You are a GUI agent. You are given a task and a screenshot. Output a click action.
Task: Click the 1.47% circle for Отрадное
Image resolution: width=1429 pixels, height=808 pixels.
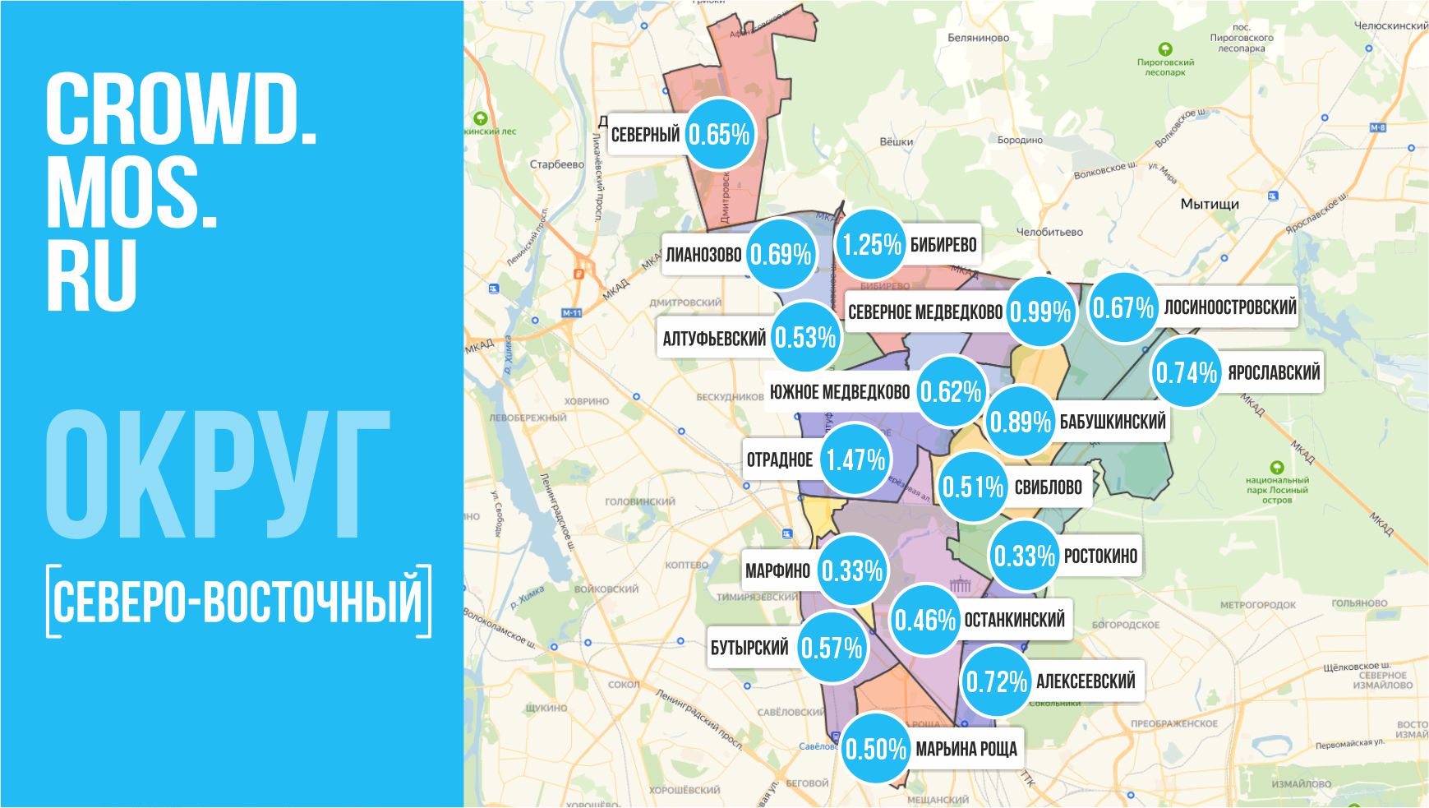855,459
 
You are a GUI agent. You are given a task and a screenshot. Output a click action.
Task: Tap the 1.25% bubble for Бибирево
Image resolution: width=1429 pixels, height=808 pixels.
871,244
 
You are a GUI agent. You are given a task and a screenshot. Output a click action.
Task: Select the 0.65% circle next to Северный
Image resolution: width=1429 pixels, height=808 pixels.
719,134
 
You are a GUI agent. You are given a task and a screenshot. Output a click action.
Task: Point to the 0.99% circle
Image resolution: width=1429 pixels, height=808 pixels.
1040,312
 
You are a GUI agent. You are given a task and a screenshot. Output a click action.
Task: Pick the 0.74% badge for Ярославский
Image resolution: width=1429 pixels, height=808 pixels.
1186,372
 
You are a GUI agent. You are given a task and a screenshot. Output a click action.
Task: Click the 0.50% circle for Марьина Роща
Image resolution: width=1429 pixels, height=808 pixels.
876,749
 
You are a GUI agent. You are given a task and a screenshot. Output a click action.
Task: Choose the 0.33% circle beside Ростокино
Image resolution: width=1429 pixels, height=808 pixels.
1024,556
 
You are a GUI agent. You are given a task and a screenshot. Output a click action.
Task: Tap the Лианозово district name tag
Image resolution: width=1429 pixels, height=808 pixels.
703,255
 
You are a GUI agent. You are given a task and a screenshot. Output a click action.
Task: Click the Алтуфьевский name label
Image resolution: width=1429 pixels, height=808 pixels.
713,338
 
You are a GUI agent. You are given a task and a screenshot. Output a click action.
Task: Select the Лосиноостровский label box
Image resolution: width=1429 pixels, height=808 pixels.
1229,307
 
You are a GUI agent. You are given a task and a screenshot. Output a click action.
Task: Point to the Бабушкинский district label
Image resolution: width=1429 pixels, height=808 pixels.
1112,422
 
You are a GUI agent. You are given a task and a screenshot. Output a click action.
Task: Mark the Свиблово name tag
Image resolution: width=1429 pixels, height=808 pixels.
1048,487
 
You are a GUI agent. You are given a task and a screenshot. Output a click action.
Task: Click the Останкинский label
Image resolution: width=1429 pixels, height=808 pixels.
1014,620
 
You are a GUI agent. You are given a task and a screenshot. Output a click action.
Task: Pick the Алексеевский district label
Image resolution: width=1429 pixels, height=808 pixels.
1085,681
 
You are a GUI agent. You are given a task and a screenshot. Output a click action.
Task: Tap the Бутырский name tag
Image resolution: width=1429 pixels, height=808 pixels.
749,648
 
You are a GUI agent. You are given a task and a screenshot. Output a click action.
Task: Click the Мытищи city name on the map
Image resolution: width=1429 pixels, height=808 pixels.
1209,204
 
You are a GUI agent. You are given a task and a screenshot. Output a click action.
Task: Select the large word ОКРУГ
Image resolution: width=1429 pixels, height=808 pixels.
218,476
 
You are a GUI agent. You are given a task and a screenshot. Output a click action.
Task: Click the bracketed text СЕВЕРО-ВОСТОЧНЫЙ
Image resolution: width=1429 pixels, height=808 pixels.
238,601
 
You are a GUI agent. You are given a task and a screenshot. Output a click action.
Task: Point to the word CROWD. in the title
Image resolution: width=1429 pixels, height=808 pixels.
182,110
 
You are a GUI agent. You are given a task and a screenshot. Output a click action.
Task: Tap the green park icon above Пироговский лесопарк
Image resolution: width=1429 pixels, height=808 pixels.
1165,49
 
